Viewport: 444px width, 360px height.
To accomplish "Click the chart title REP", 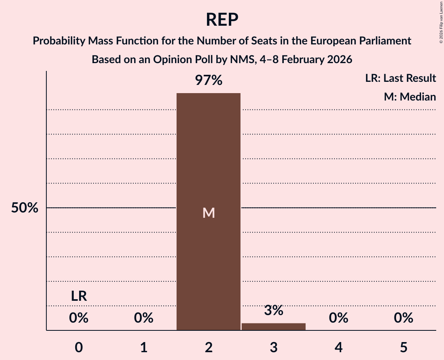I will click(x=222, y=19).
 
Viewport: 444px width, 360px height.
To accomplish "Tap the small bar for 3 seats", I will click(x=274, y=326).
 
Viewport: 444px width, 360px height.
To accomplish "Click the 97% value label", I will click(x=209, y=81).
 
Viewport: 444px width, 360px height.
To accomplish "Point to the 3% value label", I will click(x=274, y=311).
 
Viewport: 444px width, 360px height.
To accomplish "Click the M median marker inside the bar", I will click(x=209, y=213).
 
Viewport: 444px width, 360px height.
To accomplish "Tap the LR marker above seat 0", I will click(x=79, y=296).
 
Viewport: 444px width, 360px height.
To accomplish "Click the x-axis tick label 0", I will click(x=79, y=348).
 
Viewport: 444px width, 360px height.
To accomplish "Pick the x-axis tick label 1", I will click(x=144, y=348).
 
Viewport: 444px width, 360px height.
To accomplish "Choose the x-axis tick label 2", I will click(x=209, y=348).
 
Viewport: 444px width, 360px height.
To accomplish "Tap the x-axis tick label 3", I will click(x=274, y=348).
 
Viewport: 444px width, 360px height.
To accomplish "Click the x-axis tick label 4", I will click(x=338, y=348).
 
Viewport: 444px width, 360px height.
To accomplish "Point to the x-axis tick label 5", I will click(x=403, y=348).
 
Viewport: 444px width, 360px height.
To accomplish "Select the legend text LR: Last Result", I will click(x=400, y=78).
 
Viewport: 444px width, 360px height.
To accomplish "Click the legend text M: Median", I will click(x=410, y=97).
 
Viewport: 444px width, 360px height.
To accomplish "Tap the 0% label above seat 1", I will click(x=144, y=318).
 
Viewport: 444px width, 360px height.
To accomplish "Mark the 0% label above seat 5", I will click(x=403, y=318).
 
